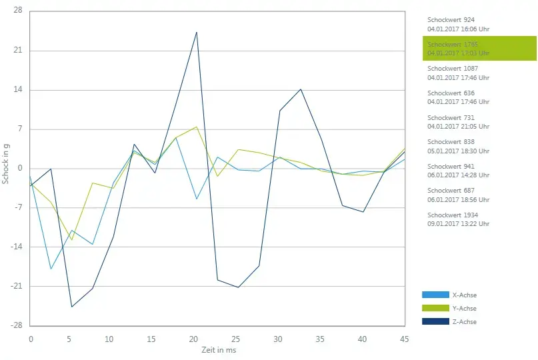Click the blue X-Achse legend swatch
point(435,295)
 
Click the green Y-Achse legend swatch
point(435,308)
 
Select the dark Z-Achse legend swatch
point(435,321)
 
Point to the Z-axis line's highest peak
point(197,32)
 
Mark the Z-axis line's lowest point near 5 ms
point(71,307)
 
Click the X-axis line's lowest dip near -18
point(51,269)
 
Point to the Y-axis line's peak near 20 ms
point(197,127)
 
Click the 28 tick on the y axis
point(17,11)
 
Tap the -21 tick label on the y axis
point(15,287)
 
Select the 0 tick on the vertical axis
point(20,169)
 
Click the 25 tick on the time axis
point(235,339)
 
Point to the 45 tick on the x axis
point(405,339)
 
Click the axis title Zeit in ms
point(219,349)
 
